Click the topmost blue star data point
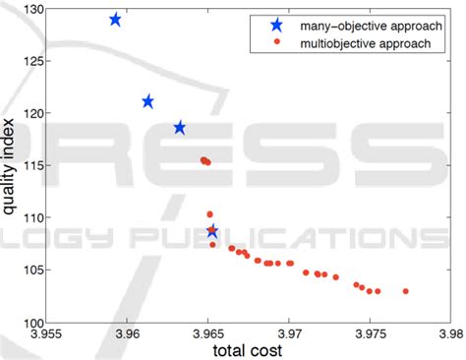tap(115, 20)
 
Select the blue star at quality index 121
tap(148, 101)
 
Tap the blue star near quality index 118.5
tap(180, 128)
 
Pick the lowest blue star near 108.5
tap(212, 231)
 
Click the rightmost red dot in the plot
tap(406, 291)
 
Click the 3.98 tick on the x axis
tap(451, 334)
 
